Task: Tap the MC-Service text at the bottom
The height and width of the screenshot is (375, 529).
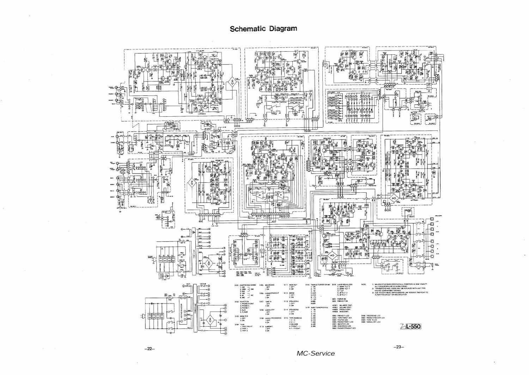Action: pyautogui.click(x=316, y=353)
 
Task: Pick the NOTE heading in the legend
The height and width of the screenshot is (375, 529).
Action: pyautogui.click(x=364, y=285)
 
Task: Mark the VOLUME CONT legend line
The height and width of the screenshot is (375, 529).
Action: pyautogui.click(x=344, y=307)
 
